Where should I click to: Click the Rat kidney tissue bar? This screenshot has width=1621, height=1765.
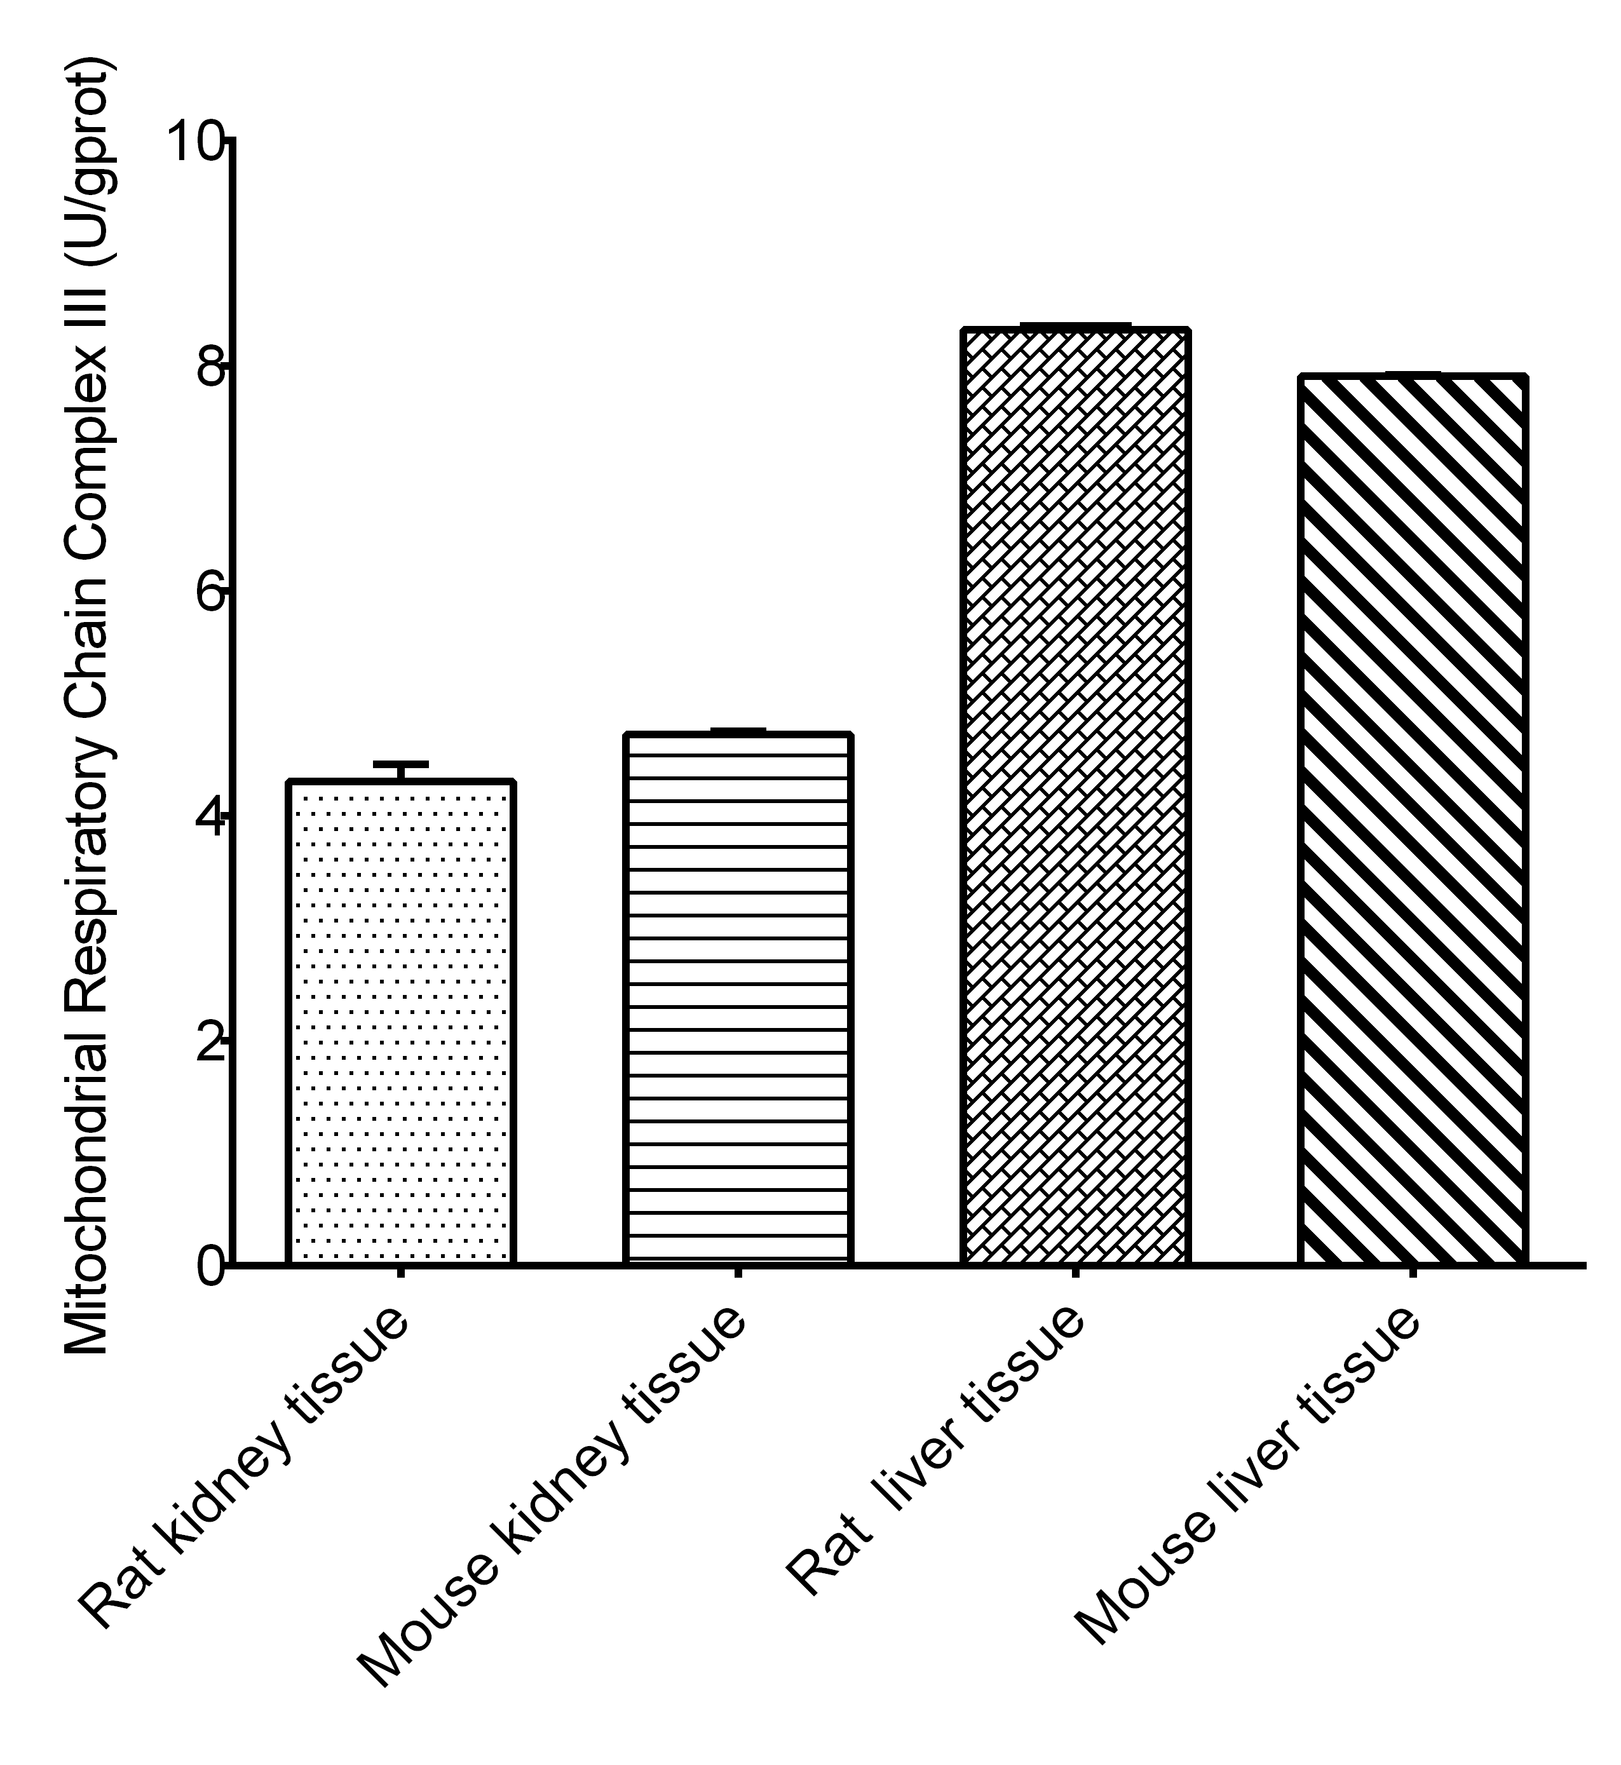[400, 1022]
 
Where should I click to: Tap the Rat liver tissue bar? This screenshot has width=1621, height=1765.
[1075, 797]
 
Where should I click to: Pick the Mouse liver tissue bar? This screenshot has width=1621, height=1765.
[1412, 820]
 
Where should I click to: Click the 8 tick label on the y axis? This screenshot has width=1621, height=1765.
[209, 367]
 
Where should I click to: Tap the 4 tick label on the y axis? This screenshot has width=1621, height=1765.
[209, 816]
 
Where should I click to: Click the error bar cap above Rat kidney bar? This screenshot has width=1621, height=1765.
[400, 764]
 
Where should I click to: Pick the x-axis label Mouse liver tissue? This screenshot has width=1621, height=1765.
[1245, 1474]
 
